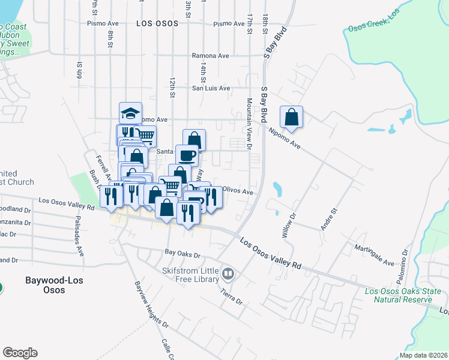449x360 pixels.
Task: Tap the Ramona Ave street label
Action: pyautogui.click(x=210, y=56)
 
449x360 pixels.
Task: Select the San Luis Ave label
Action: pyautogui.click(x=211, y=88)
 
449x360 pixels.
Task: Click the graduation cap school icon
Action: pyautogui.click(x=130, y=113)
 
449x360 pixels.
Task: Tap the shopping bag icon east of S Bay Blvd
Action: pyautogui.click(x=291, y=117)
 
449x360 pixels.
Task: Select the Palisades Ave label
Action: pyautogui.click(x=79, y=237)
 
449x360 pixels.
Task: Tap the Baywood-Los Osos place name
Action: pyautogui.click(x=53, y=284)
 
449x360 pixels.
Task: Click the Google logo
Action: pyautogui.click(x=20, y=353)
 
